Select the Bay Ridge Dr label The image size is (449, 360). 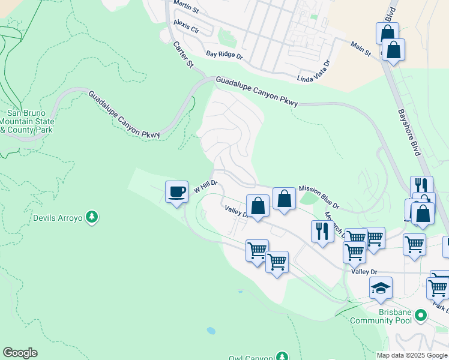224,55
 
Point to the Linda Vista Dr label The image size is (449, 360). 314,71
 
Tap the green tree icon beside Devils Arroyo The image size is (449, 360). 91,216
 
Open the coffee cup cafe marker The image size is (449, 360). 176,192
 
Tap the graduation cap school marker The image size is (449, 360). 381,288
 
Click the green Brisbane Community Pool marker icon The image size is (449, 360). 421,314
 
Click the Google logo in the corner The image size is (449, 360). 20,353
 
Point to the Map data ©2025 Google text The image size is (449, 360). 411,355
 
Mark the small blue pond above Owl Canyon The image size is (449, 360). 211,331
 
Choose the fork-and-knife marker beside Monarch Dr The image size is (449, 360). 322,232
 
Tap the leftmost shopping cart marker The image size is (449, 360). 258,250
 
